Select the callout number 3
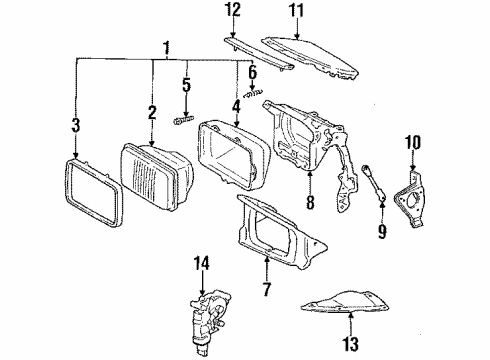[76, 124]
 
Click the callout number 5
[186, 85]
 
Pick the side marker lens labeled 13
[349, 294]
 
